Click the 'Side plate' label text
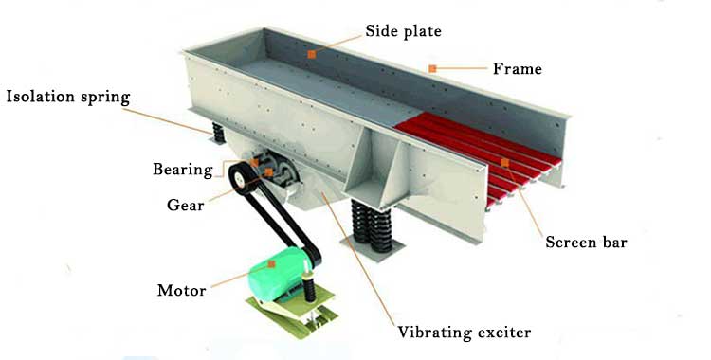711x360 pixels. pos(403,31)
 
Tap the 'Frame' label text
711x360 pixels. pos(518,69)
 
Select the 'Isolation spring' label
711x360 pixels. pos(68,97)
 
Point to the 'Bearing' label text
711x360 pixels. pos(183,170)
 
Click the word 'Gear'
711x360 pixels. pos(186,205)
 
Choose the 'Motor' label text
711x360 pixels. pos(181,290)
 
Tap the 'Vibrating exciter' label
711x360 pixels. pos(465,333)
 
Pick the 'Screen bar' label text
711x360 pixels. pos(586,243)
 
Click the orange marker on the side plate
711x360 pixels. pos(312,54)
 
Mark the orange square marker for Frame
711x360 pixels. pos(432,69)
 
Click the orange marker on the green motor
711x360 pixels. pos(272,264)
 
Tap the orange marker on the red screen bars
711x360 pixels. pos(504,162)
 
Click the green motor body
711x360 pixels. pos(277,275)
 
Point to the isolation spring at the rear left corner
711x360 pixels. pos(219,133)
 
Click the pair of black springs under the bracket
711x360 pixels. pos(371,225)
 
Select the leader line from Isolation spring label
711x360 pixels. pos(167,120)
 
